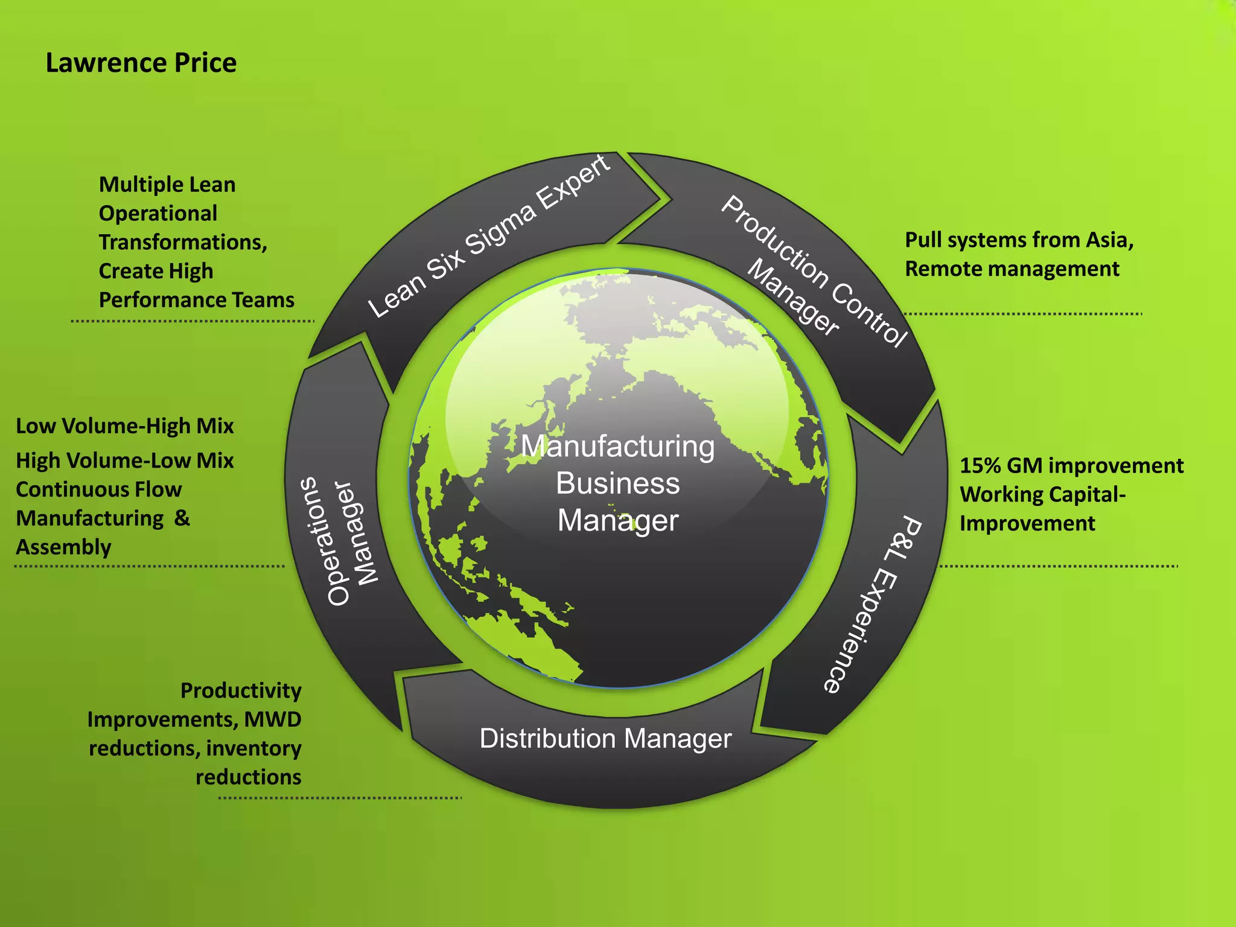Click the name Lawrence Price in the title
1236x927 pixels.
[141, 63]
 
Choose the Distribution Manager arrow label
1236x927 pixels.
[605, 739]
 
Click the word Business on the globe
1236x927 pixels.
[617, 483]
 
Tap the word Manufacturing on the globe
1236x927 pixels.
[617, 447]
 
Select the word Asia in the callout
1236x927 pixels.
[1109, 240]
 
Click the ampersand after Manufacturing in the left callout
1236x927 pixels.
[182, 518]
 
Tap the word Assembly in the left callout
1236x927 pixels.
[63, 547]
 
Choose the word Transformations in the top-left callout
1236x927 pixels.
[183, 243]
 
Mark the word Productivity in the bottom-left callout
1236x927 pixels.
[241, 690]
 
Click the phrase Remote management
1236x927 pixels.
[1012, 269]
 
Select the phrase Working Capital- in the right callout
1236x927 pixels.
[1042, 495]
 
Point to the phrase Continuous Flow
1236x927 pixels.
[98, 489]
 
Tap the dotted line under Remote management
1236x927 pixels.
[1022, 314]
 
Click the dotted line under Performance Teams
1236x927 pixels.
[193, 321]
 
